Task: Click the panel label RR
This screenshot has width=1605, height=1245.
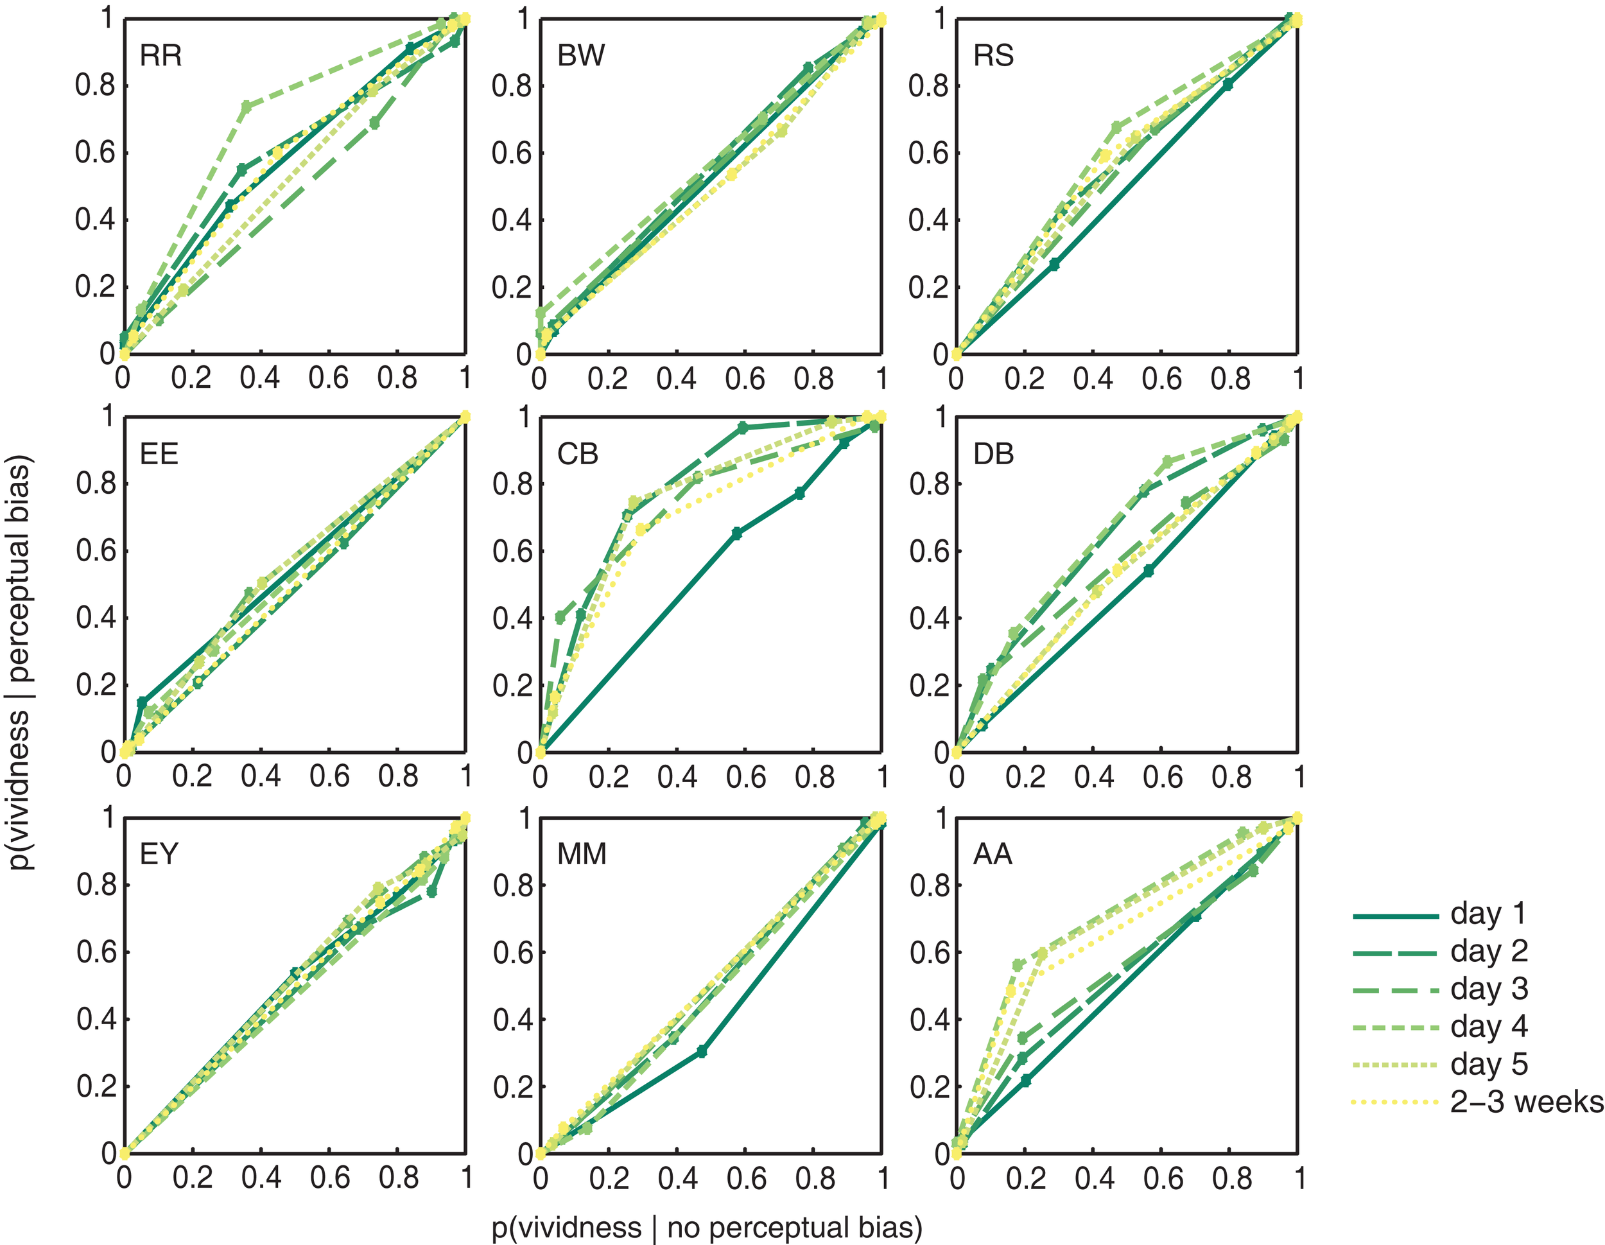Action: [x=160, y=56]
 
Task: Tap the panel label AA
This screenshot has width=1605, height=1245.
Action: [x=993, y=854]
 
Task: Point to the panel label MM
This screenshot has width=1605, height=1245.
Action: [x=582, y=854]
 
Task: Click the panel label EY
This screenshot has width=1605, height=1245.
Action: [x=159, y=854]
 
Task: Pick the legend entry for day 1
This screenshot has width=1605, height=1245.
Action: [x=1488, y=914]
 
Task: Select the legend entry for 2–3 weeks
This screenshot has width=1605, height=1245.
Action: [x=1525, y=1102]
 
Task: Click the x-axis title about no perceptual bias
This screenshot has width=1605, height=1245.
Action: [x=706, y=1228]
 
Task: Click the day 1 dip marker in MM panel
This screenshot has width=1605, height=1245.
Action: [x=701, y=1052]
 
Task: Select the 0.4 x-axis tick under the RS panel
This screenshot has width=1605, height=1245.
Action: [x=1093, y=378]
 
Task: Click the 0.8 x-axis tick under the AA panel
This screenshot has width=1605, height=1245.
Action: [x=1231, y=1178]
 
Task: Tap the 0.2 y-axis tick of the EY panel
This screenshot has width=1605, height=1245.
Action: [x=96, y=1086]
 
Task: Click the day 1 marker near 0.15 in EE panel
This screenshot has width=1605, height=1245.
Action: [x=143, y=702]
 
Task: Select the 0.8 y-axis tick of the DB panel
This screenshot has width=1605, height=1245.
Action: [x=929, y=484]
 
